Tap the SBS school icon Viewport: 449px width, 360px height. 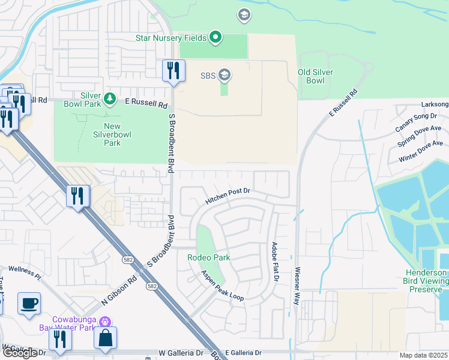click(x=224, y=76)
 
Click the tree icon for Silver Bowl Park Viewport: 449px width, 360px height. click(x=109, y=98)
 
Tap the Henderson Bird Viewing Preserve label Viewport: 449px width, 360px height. click(x=425, y=280)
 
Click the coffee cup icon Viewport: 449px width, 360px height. click(x=29, y=304)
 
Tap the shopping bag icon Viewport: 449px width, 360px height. click(x=105, y=338)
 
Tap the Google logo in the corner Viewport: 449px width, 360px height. click(x=19, y=353)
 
